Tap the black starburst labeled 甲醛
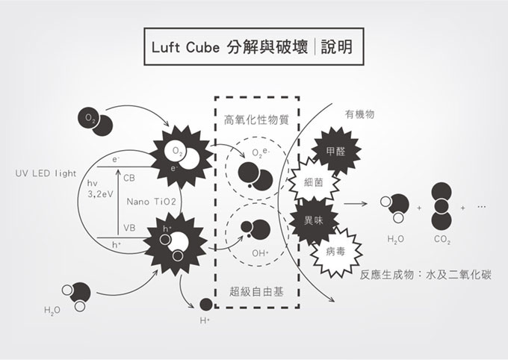(335, 151)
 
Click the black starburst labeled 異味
(314, 222)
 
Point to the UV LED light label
(46, 173)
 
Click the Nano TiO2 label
(152, 202)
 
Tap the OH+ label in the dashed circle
(260, 253)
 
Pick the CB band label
(129, 178)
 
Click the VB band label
(129, 228)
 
